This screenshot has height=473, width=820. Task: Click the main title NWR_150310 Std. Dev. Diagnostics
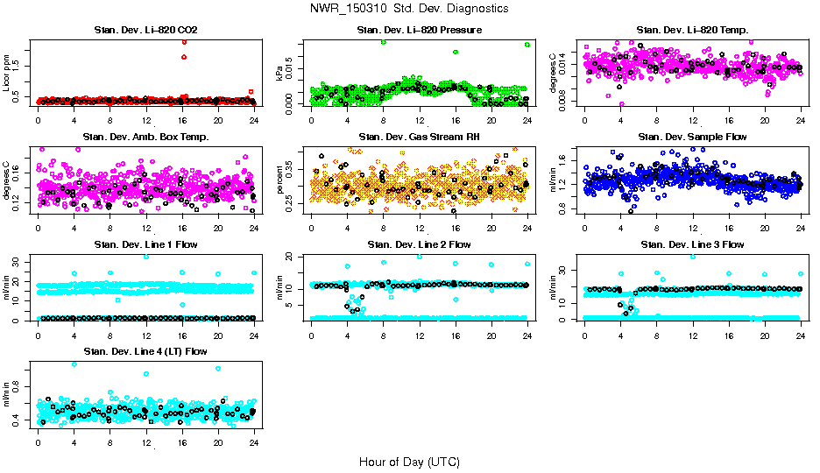coord(409,9)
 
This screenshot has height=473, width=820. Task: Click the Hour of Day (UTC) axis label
coord(409,461)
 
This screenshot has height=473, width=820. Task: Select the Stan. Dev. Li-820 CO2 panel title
coord(145,31)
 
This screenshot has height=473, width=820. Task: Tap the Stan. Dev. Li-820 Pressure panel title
coord(420,31)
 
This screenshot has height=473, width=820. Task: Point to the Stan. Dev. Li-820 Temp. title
coord(692,31)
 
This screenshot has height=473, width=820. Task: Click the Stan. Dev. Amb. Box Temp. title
coord(145,137)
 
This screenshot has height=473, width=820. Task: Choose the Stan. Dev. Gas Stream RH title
coord(420,137)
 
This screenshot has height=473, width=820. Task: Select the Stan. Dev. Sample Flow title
coord(692,137)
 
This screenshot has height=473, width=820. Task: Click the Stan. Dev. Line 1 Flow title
coord(145,244)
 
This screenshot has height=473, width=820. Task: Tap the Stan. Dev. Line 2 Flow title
coord(420,244)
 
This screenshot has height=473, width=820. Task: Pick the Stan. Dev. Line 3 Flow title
coord(692,244)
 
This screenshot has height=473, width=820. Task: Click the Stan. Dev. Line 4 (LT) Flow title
coord(145,351)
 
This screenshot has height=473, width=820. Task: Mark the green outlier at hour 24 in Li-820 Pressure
coord(527,44)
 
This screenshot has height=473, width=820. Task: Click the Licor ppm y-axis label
coord(7,74)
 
